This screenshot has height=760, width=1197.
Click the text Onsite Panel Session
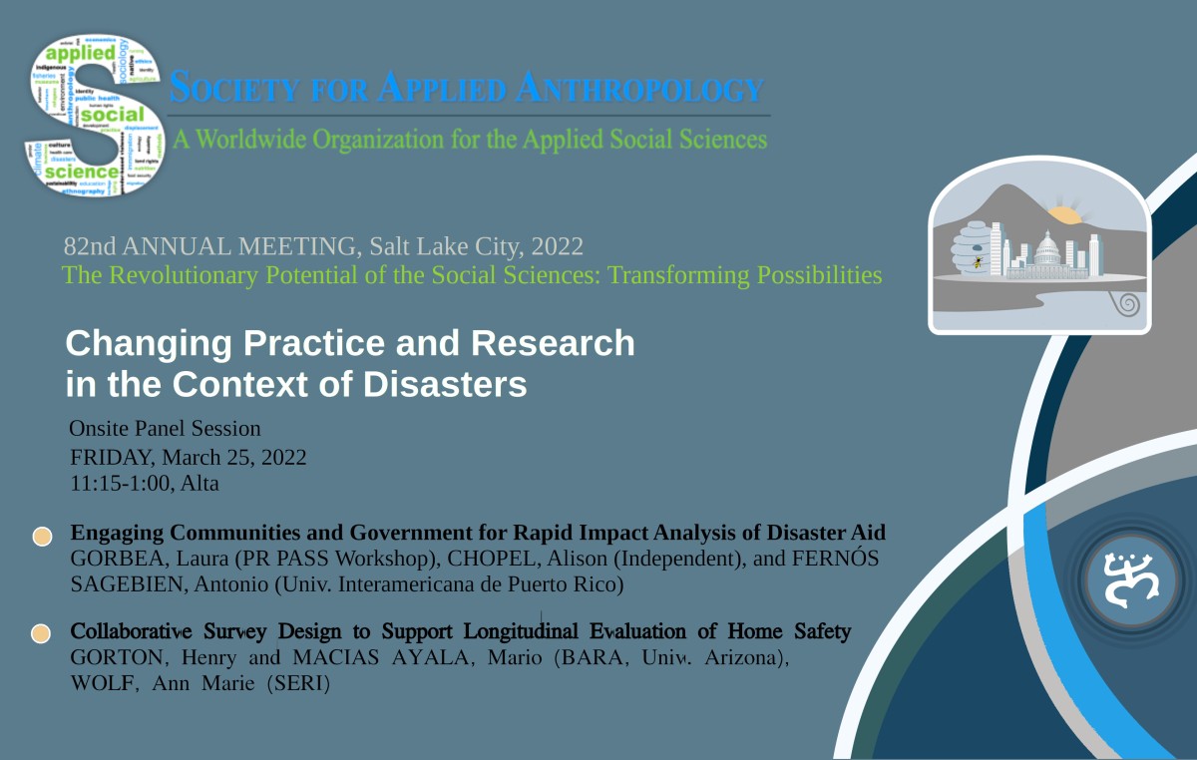click(x=165, y=429)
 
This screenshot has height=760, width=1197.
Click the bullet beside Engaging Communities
click(x=42, y=536)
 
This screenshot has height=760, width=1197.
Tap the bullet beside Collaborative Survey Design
click(x=41, y=634)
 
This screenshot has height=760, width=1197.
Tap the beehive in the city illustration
click(x=973, y=249)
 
